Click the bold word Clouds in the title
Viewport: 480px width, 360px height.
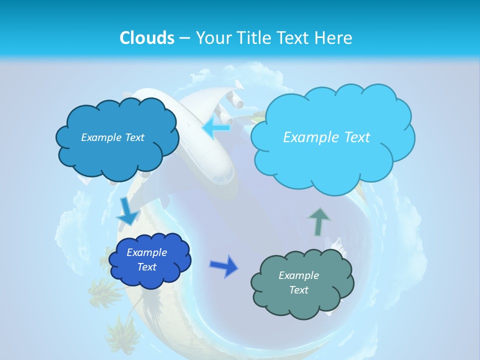click(147, 38)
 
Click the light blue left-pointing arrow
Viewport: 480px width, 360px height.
click(216, 127)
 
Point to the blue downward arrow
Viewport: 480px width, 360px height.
click(127, 212)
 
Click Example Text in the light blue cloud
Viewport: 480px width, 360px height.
click(326, 137)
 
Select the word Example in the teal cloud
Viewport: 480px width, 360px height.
click(298, 275)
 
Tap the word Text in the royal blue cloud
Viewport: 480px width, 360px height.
click(147, 267)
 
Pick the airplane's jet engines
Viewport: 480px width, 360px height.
click(235, 102)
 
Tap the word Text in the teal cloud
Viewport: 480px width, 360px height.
click(298, 290)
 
